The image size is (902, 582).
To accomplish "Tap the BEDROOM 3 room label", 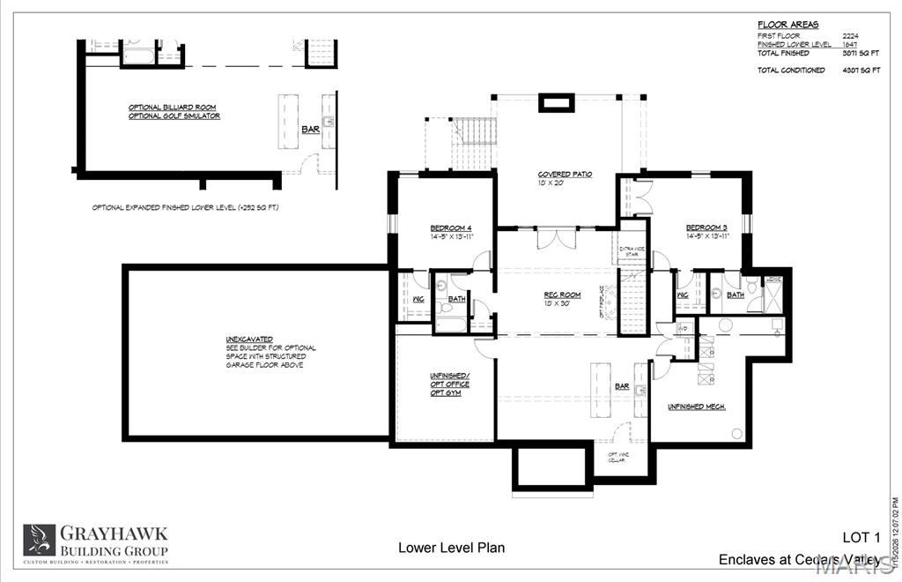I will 706,228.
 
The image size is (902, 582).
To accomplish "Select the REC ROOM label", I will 561,295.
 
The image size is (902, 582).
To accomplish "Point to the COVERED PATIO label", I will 565,175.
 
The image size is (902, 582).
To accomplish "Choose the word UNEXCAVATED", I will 249,339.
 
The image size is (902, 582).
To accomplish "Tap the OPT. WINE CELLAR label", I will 618,458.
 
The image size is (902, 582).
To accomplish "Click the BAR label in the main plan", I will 623,386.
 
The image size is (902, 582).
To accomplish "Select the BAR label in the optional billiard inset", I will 310,130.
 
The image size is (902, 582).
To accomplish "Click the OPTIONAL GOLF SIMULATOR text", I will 174,116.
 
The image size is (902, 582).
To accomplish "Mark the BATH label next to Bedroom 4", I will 456,299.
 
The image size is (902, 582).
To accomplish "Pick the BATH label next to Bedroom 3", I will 735,295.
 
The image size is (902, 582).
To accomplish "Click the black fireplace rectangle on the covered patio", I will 556,103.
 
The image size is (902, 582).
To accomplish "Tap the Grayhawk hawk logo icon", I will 39,539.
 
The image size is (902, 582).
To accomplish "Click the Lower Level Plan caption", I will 451,548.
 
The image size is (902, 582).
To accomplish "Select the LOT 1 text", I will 861,537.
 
